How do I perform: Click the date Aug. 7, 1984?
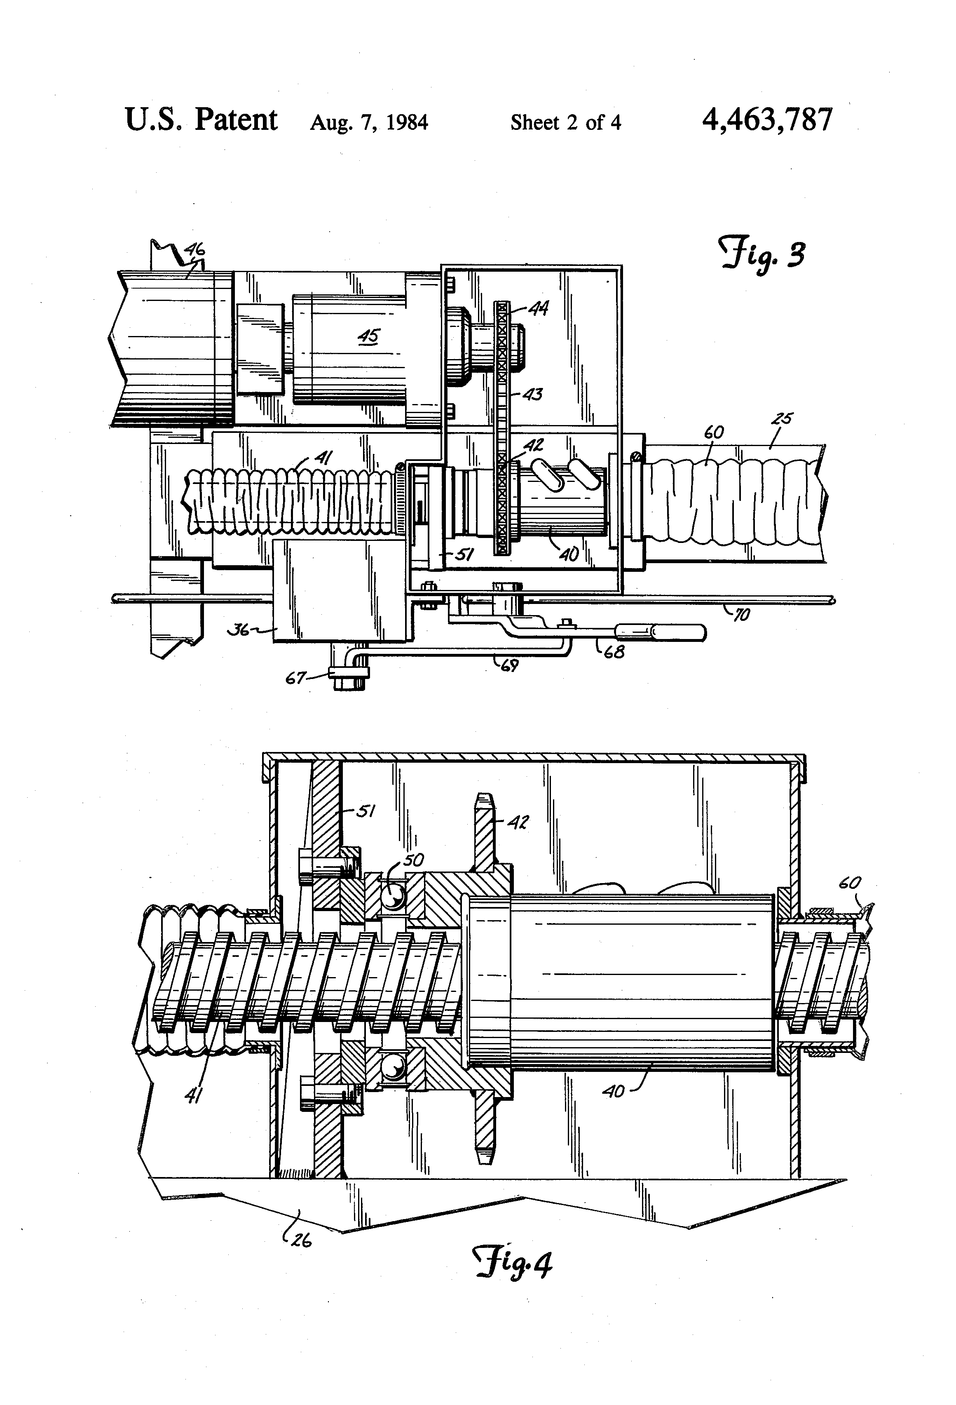click(x=369, y=123)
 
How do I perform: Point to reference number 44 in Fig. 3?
click(x=538, y=309)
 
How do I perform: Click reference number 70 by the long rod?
click(x=741, y=616)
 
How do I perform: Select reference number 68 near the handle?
click(x=614, y=652)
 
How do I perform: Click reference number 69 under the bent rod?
click(x=509, y=666)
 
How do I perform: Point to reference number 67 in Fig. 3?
click(x=296, y=678)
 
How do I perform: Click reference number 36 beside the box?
click(x=239, y=630)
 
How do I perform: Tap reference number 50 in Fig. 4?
click(x=413, y=859)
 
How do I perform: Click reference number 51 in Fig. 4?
click(x=364, y=811)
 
